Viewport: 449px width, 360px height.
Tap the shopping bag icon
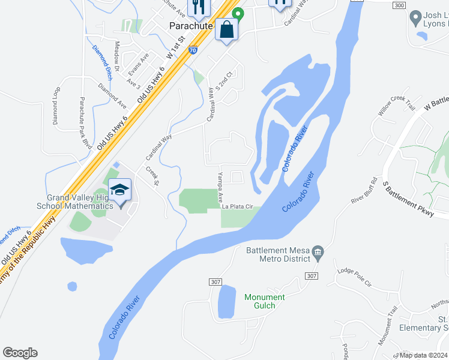(x=227, y=29)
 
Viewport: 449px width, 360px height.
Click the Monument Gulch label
(x=265, y=301)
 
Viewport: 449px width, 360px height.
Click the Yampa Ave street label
(x=220, y=187)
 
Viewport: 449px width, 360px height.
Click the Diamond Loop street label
(x=56, y=106)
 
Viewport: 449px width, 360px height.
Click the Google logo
(x=20, y=353)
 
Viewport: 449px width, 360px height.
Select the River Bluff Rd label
(x=364, y=190)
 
